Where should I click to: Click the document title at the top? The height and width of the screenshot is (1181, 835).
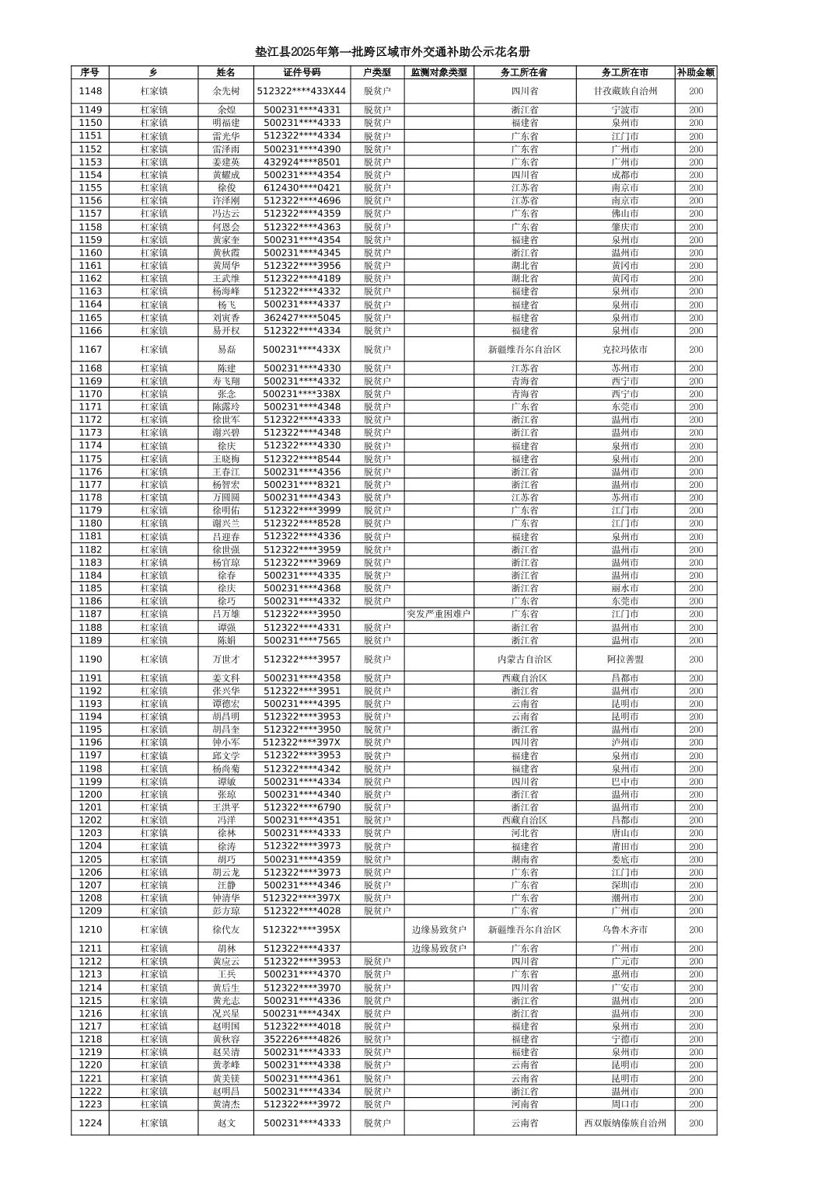pos(393,52)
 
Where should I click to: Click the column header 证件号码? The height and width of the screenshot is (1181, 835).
pos(302,72)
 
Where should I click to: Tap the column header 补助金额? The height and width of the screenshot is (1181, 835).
pos(695,72)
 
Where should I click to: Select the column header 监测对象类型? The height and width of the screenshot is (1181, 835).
pos(438,72)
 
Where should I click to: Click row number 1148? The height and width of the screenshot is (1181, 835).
pos(90,91)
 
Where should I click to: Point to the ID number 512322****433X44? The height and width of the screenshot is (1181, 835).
pos(302,91)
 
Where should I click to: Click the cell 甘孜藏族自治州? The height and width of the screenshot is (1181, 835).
pos(625,91)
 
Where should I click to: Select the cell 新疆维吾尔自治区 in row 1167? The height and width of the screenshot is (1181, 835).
pos(524,350)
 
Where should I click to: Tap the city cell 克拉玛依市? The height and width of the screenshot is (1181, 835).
pos(625,350)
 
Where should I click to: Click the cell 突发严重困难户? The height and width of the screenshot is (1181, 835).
pos(438,614)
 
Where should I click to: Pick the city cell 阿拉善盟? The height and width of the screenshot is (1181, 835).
pos(625,659)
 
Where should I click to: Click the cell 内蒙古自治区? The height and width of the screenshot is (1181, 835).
pos(524,659)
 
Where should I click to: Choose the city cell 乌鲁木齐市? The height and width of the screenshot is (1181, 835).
pos(625,929)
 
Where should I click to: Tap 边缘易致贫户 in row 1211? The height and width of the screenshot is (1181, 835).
pos(438,948)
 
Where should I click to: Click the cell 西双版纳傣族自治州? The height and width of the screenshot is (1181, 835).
pos(625,1123)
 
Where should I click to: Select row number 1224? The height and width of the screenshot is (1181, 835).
pos(90,1123)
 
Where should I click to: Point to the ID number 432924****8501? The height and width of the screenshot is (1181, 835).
pos(302,162)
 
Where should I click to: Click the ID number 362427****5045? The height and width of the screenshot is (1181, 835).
pos(302,318)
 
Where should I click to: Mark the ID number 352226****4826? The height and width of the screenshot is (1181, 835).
pos(302,1039)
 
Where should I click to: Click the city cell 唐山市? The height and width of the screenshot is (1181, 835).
pos(625,833)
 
